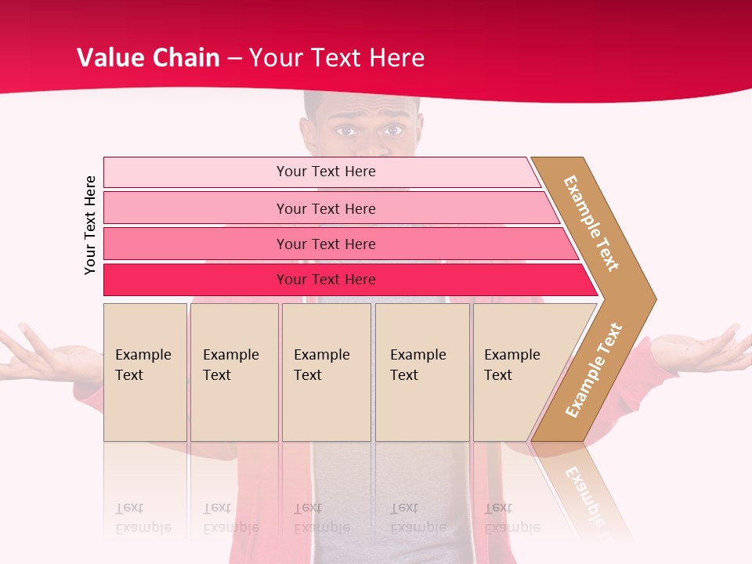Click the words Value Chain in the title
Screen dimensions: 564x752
click(148, 58)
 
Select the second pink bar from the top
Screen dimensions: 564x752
click(325, 208)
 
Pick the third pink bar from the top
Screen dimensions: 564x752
click(325, 244)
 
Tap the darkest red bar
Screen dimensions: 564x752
click(325, 280)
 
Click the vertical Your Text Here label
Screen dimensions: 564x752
click(90, 225)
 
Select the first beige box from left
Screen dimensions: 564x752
click(145, 372)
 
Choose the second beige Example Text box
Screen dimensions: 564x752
click(233, 372)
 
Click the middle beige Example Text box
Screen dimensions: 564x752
click(326, 372)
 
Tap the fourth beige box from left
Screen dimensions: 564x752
click(422, 372)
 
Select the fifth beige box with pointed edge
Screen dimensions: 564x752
click(521, 372)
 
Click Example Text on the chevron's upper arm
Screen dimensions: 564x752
click(591, 223)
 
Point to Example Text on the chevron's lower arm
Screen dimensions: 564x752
click(593, 370)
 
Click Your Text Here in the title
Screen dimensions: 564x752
click(337, 58)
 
